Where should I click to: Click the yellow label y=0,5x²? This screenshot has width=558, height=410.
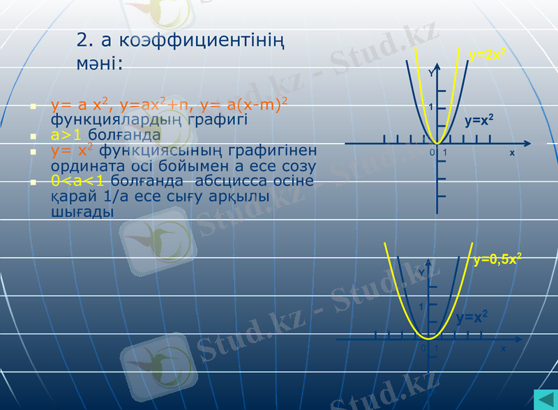[x=497, y=260]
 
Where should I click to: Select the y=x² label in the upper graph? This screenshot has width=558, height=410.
[x=479, y=121]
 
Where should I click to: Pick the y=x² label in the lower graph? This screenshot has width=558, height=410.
[x=472, y=318]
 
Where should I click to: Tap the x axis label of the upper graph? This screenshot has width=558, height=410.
[x=512, y=152]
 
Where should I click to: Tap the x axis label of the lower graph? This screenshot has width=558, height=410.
[x=503, y=349]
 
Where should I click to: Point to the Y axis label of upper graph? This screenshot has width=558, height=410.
[x=431, y=73]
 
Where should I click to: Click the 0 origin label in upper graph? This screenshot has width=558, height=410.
[x=432, y=152]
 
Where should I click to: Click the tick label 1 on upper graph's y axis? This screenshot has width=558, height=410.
[x=431, y=107]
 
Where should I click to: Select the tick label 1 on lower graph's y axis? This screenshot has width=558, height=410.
[x=421, y=307]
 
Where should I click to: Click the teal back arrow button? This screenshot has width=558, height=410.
[x=543, y=400]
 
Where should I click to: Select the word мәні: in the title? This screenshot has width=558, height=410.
[x=99, y=63]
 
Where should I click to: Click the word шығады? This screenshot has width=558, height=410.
[x=82, y=212]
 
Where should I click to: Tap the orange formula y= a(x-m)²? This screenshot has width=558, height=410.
[x=244, y=105]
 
